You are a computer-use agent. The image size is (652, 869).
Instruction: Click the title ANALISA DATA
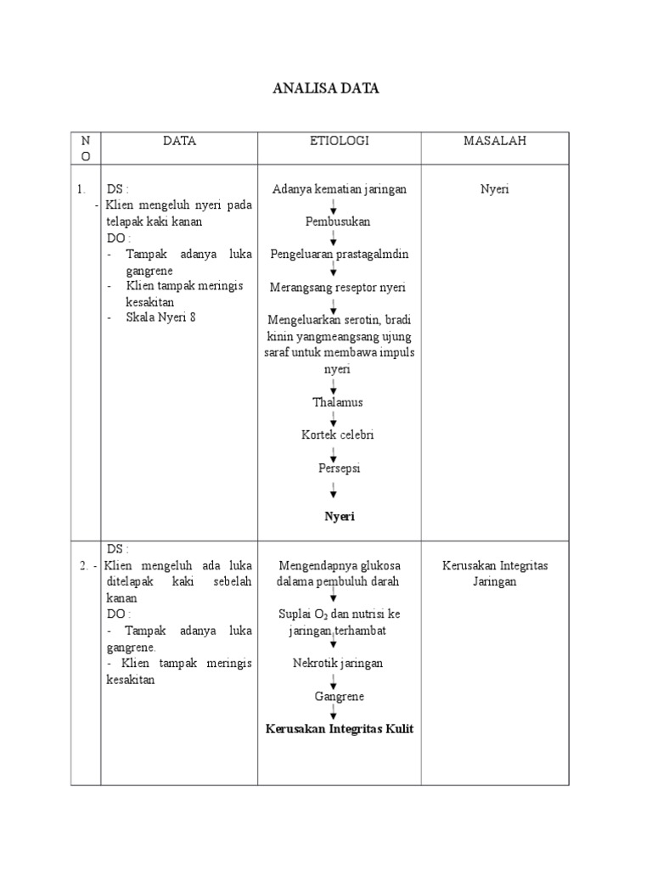[x=326, y=88]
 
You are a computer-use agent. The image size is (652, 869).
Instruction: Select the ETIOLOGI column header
[x=339, y=142]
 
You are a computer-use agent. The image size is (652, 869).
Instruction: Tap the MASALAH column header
[x=494, y=142]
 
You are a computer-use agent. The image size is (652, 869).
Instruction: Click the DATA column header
[x=179, y=142]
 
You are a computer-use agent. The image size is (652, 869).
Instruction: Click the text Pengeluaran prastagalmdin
[x=339, y=254]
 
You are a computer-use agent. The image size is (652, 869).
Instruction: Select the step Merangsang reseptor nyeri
[x=338, y=287]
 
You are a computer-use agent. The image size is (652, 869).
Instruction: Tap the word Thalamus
[x=338, y=401]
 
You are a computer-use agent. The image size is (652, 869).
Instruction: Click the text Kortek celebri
[x=338, y=434]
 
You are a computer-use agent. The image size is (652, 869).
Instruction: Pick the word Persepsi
[x=338, y=468]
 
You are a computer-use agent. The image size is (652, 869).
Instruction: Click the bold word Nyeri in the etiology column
[x=339, y=516]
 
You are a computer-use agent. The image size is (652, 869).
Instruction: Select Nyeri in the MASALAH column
[x=494, y=189]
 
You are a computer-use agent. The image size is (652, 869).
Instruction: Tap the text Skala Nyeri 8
[x=166, y=317]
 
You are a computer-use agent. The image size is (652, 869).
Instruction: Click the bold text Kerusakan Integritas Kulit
[x=339, y=729]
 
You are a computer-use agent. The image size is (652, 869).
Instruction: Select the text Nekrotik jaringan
[x=338, y=663]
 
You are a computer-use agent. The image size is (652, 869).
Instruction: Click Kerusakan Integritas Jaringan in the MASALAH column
[x=494, y=574]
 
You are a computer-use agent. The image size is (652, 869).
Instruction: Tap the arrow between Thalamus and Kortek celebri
[x=334, y=418]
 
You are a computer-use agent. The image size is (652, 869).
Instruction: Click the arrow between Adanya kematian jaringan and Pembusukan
[x=334, y=205]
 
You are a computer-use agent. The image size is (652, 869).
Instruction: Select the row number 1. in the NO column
[x=80, y=189]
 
